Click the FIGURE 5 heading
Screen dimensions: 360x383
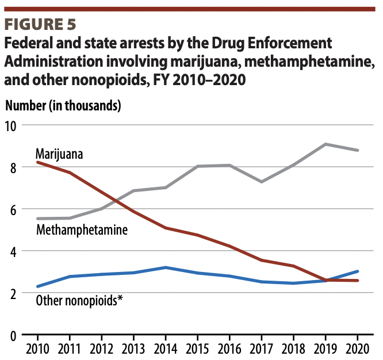click(39, 26)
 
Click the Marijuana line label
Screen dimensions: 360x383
click(59, 154)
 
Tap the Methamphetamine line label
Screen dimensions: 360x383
click(82, 230)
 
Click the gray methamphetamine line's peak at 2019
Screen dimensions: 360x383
click(325, 144)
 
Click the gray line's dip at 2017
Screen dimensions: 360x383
click(261, 182)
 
